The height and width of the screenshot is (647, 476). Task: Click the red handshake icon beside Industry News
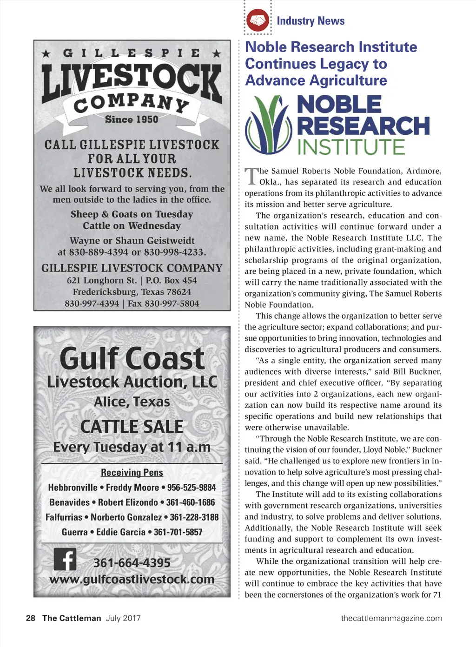[258, 20]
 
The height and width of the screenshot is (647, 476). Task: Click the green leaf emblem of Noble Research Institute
[268, 124]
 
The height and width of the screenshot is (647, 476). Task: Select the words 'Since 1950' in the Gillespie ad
[132, 119]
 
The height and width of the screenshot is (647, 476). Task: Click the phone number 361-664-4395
[132, 563]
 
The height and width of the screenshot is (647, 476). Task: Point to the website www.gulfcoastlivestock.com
[132, 580]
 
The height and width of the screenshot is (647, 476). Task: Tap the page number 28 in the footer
[31, 618]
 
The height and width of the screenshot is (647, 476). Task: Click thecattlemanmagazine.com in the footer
[391, 618]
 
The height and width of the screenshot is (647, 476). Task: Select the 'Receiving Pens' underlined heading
[132, 473]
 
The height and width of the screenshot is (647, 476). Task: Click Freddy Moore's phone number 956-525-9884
[192, 488]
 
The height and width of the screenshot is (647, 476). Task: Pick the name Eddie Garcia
[121, 532]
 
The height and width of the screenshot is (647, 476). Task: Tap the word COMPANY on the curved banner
[132, 103]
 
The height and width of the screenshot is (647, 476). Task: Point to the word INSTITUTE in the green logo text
[351, 147]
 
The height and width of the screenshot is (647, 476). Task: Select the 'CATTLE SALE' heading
[132, 427]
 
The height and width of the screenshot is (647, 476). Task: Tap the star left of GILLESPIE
[46, 53]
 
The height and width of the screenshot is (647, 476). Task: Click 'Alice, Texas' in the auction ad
[132, 402]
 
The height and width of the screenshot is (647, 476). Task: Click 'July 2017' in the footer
[123, 618]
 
